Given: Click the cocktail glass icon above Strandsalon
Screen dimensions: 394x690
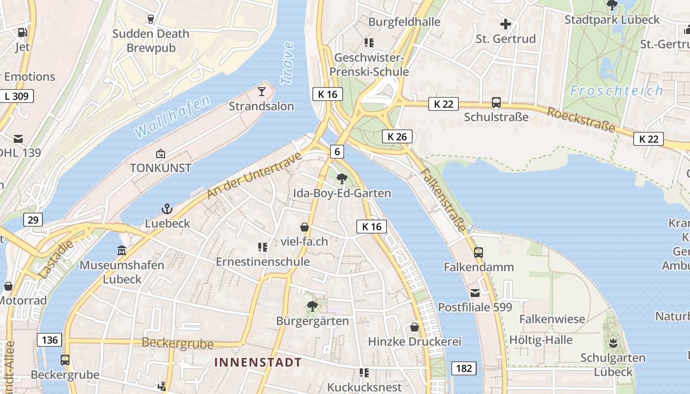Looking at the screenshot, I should click(261, 92).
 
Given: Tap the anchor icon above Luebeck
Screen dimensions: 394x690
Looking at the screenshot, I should click(167, 209).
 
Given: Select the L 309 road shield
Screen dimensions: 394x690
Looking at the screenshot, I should click(17, 96).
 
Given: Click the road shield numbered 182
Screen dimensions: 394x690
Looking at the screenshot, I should click(464, 368).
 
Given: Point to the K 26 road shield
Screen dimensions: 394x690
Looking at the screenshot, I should click(397, 136).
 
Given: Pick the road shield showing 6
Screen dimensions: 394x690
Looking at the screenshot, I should click(337, 151).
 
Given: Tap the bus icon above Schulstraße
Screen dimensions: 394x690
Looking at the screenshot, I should click(496, 102).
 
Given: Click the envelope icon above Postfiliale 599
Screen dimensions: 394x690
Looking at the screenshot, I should click(475, 293).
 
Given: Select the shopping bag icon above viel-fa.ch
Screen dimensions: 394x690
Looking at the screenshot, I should click(305, 227).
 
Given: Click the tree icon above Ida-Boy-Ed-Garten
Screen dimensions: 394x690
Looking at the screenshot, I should click(342, 179).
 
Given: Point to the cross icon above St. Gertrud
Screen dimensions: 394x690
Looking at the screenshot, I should click(506, 24).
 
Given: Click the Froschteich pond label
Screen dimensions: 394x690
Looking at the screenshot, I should click(617, 91).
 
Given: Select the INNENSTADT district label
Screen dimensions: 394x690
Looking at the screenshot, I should click(258, 362).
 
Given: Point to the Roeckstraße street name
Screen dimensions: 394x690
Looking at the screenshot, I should click(582, 120).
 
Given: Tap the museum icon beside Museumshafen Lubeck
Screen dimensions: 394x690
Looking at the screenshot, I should click(122, 251).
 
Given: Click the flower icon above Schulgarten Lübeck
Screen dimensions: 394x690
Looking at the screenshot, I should click(613, 343).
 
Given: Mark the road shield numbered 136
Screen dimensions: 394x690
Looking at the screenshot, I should click(50, 340).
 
